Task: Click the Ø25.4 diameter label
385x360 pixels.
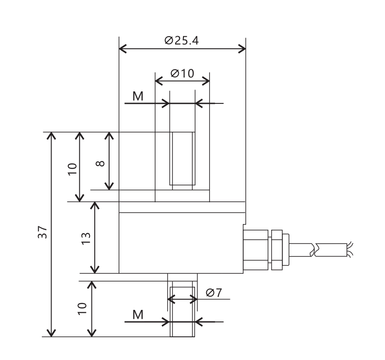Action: tap(182, 40)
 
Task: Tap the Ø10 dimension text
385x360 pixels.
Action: tap(182, 73)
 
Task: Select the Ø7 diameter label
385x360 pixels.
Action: tap(214, 293)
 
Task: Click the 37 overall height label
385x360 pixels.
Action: tap(42, 232)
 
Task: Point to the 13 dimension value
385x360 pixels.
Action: tap(86, 238)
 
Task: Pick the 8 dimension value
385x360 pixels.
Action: tap(100, 164)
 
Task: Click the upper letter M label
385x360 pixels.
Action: tap(138, 96)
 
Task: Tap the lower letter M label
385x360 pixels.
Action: tap(138, 315)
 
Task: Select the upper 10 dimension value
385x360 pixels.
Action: tap(72, 169)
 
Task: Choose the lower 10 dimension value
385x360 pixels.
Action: tap(82, 309)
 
